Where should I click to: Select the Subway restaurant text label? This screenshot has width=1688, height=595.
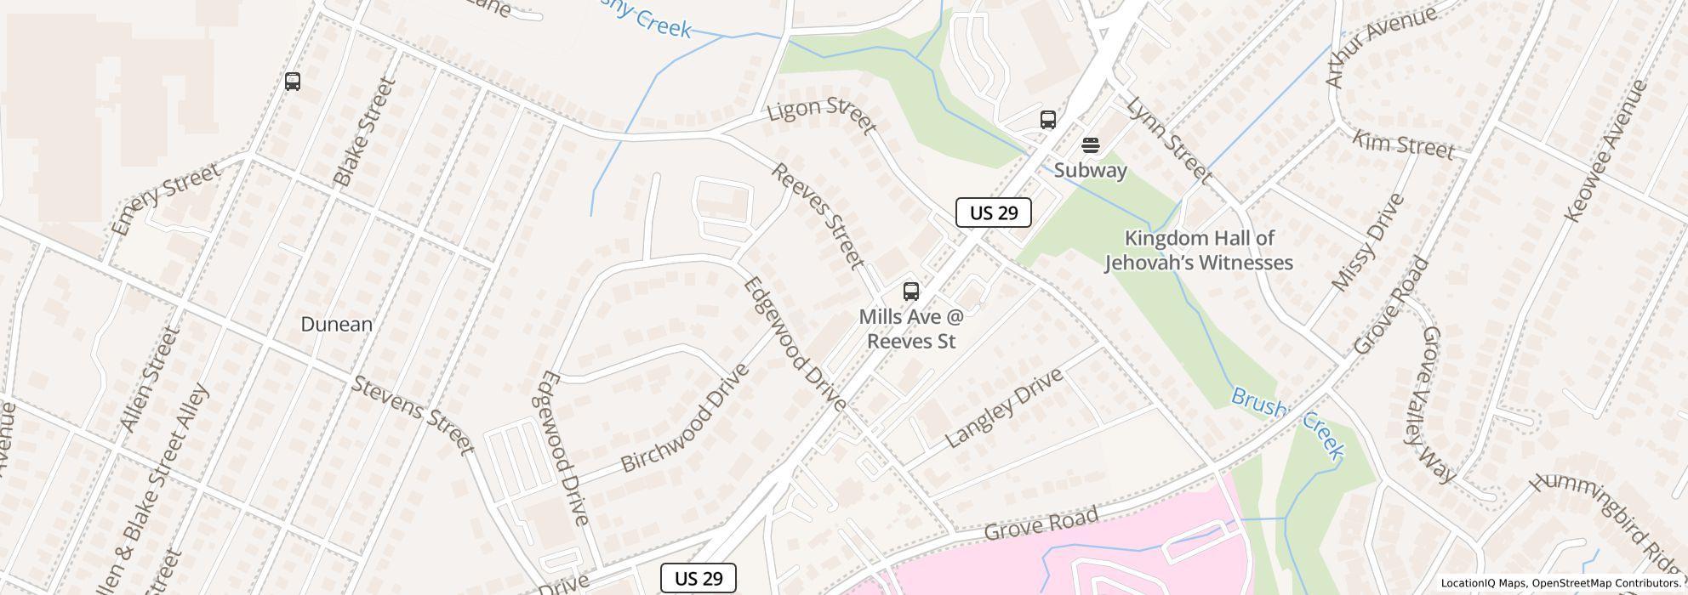tap(1090, 170)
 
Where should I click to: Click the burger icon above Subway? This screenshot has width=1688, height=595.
tap(1090, 145)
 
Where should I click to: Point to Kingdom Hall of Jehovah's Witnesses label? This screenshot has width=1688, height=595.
tap(1199, 251)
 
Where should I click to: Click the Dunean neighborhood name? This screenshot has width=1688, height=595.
tap(337, 324)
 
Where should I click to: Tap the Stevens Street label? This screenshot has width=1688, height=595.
tap(413, 415)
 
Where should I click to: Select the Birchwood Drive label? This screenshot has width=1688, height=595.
tap(685, 418)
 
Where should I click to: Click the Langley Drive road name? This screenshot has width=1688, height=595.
tap(1004, 408)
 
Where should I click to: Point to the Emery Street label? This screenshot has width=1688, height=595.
tap(166, 199)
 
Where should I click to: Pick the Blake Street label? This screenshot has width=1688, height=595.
tap(365, 132)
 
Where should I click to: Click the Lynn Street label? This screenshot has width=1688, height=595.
tap(1168, 140)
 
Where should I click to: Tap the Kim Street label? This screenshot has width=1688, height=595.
tap(1403, 145)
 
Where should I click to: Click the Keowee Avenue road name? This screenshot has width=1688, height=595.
tap(1606, 150)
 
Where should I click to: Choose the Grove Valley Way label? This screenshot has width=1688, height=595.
tap(1437, 404)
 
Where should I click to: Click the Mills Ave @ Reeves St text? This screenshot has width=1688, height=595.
tap(910, 329)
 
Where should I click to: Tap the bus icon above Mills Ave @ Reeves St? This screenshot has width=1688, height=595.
tap(910, 292)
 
